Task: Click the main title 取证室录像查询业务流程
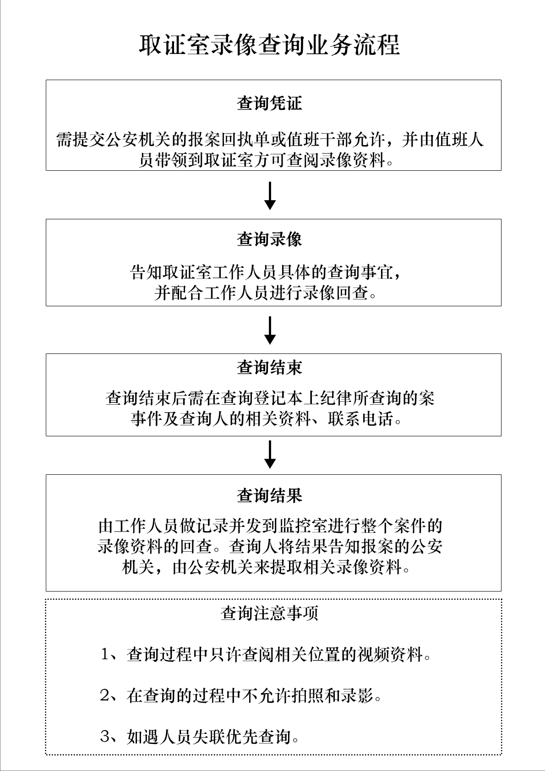coord(269,45)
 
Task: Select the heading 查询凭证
coord(269,103)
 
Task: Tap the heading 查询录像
coord(269,239)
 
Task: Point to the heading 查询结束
coord(269,368)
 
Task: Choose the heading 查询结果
coord(269,495)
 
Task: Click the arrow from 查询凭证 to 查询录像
coord(270,195)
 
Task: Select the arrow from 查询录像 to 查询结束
coord(270,330)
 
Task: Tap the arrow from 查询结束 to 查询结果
coord(270,455)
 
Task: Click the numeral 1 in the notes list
coord(105,655)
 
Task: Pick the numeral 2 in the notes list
coord(105,696)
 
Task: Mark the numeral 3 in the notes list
coord(105,737)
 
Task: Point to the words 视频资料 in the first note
coord(391,655)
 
